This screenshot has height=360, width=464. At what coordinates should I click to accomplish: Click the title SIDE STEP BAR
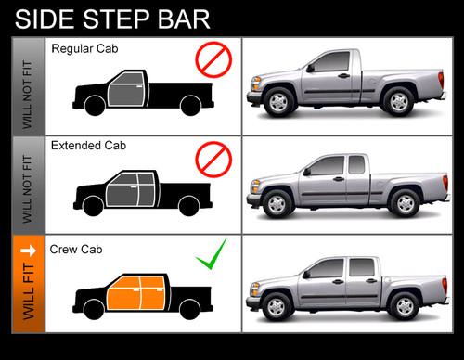coord(112,19)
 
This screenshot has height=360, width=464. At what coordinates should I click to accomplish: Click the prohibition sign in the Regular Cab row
coord(213,61)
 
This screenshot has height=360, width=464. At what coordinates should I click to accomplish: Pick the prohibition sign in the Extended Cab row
coord(213,159)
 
